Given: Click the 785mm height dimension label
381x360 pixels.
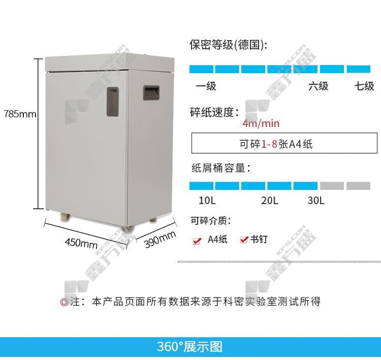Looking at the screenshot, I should pyautogui.click(x=20, y=114).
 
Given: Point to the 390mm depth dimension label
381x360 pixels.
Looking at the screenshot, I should pyautogui.click(x=160, y=239).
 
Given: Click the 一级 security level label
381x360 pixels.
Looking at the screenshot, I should pyautogui.click(x=206, y=86).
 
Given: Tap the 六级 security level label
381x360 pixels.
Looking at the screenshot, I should pyautogui.click(x=319, y=86).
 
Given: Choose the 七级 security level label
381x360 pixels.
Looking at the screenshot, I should pyautogui.click(x=364, y=86).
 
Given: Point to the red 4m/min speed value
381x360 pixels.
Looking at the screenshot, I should pyautogui.click(x=261, y=123).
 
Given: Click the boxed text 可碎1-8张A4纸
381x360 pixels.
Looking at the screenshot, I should pyautogui.click(x=276, y=144).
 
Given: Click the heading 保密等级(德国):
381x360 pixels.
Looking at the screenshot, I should pyautogui.click(x=228, y=45).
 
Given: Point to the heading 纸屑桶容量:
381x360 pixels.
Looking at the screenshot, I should pyautogui.click(x=220, y=168).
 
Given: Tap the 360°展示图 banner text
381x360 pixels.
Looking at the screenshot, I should pyautogui.click(x=190, y=347).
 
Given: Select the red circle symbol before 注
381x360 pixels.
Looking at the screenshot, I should pyautogui.click(x=64, y=302).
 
